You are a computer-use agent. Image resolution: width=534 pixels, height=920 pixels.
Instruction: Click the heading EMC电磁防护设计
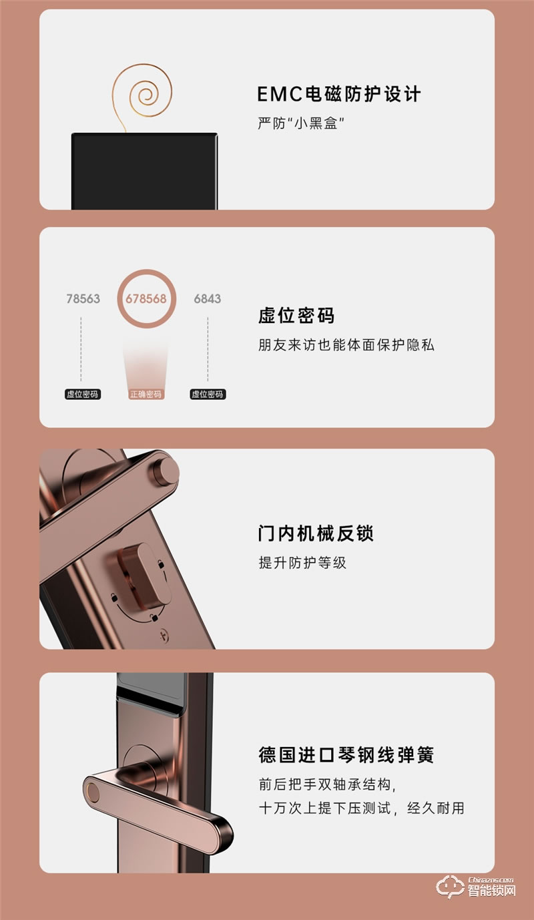pyautogui.click(x=339, y=94)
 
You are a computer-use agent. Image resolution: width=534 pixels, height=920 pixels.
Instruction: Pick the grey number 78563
pyautogui.click(x=83, y=298)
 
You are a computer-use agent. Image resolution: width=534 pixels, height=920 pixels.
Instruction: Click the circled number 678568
pyautogui.click(x=146, y=298)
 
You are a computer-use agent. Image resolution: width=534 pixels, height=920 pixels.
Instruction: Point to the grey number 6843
pyautogui.click(x=208, y=298)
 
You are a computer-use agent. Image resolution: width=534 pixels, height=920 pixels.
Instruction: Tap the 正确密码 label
pyautogui.click(x=146, y=395)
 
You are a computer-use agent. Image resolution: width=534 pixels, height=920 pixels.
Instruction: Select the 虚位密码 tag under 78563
pyautogui.click(x=83, y=395)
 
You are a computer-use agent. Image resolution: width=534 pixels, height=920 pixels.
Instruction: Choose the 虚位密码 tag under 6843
pyautogui.click(x=208, y=395)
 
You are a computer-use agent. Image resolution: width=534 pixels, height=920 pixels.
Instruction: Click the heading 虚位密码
pyautogui.click(x=296, y=316)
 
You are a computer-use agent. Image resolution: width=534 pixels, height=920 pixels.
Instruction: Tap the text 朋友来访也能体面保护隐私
pyautogui.click(x=346, y=345)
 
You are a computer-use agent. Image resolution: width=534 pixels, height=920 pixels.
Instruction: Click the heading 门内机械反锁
pyautogui.click(x=316, y=533)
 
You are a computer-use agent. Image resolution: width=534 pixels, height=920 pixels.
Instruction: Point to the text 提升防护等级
pyautogui.click(x=302, y=563)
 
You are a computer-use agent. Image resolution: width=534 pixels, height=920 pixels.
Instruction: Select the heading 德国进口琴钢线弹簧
pyautogui.click(x=346, y=755)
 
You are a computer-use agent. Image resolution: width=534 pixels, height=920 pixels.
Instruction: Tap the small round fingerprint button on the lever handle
pyautogui.click(x=93, y=793)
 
